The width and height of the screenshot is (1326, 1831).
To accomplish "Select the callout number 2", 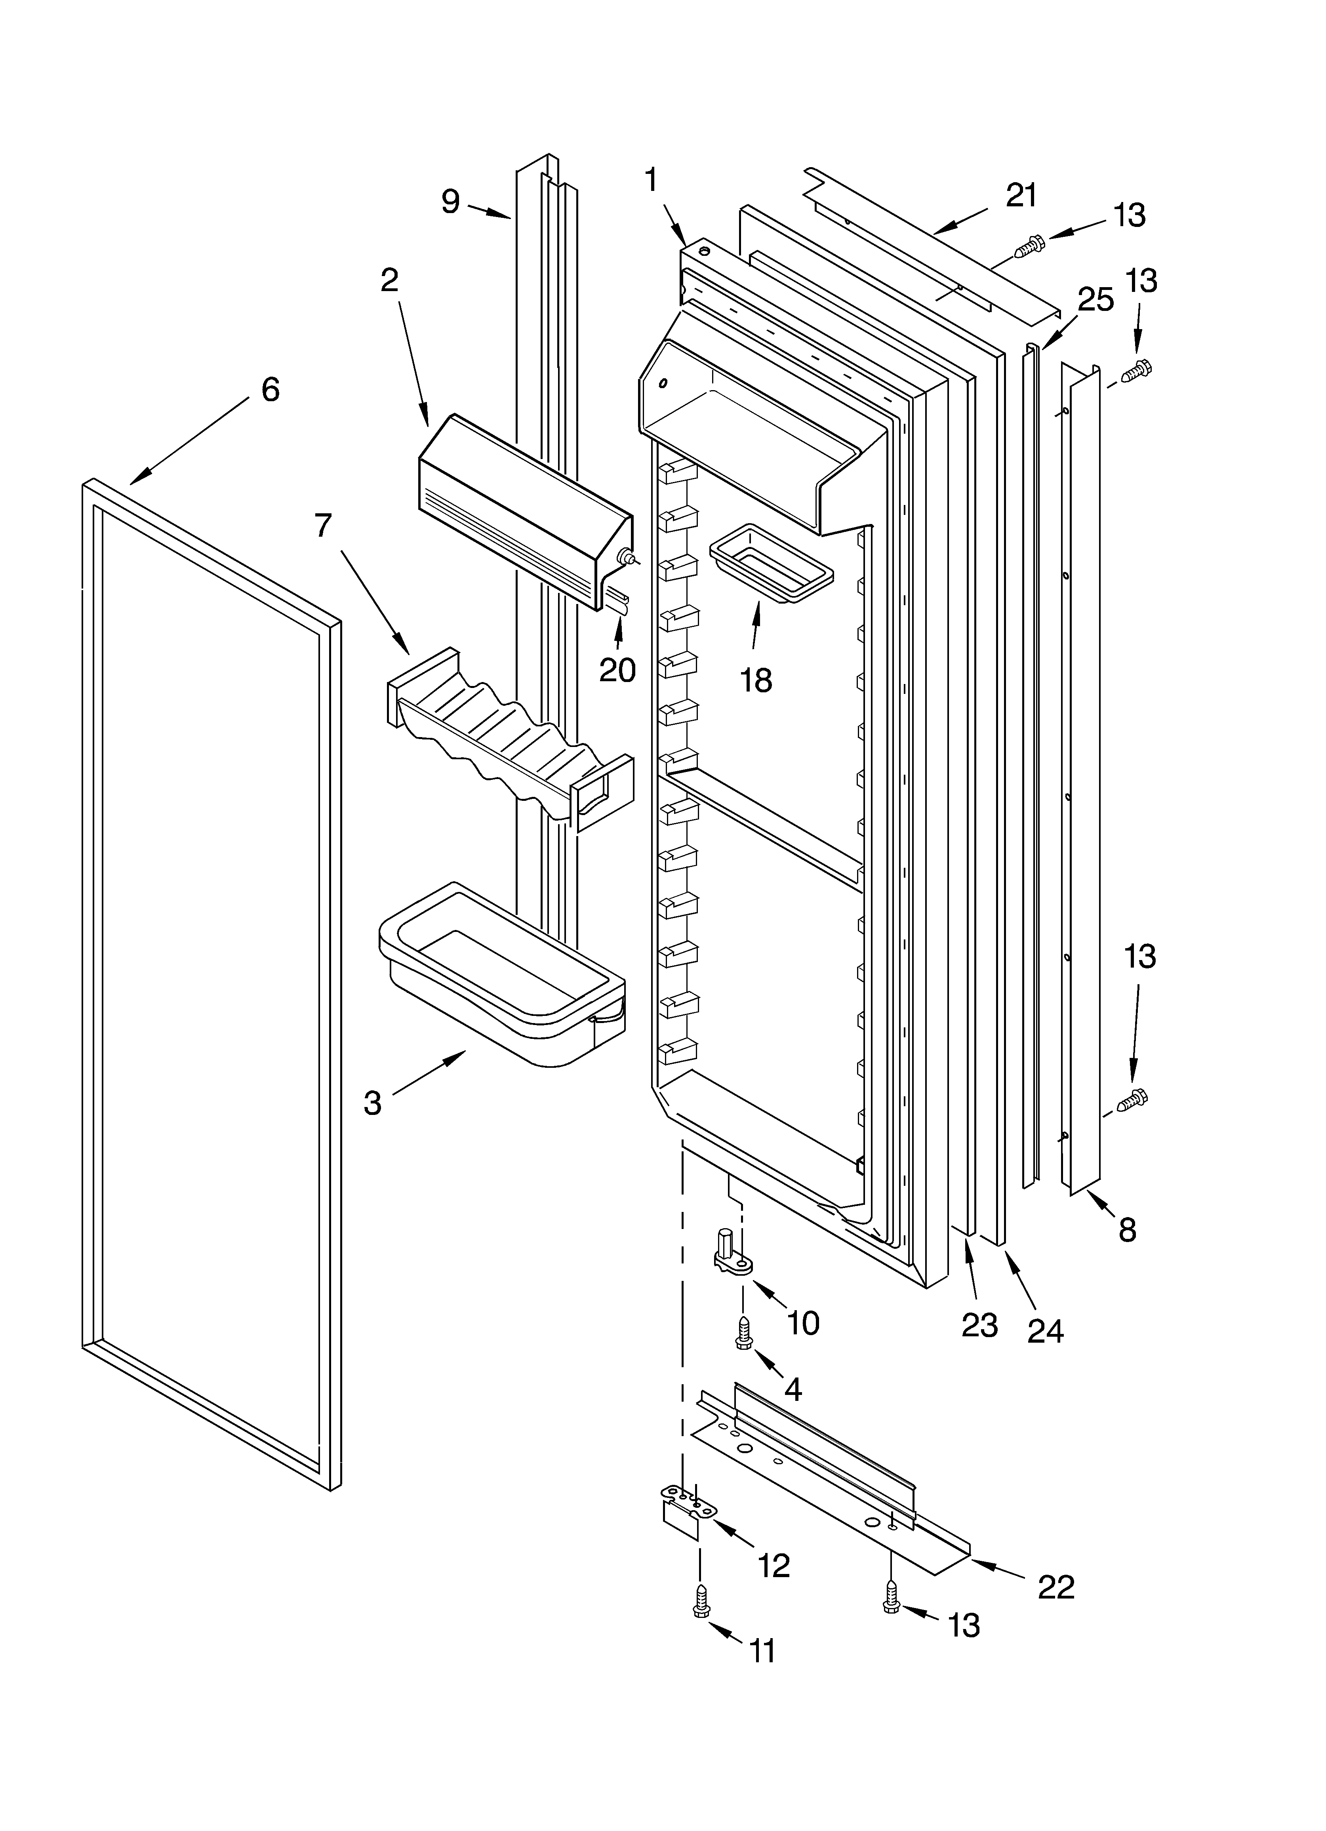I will (389, 280).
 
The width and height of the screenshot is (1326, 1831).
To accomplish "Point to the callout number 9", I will (451, 201).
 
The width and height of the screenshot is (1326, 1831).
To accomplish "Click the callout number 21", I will (1021, 195).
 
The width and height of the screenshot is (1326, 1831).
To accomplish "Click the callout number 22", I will (1055, 1587).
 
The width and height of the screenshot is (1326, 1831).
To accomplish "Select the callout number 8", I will (1127, 1229).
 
